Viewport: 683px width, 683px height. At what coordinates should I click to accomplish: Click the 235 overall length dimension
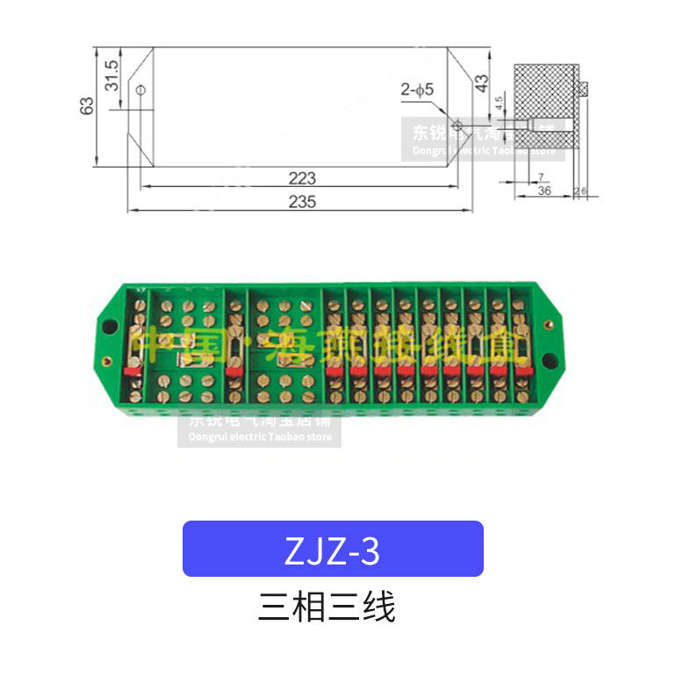(x=301, y=202)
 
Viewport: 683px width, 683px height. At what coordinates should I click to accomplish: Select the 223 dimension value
(x=301, y=177)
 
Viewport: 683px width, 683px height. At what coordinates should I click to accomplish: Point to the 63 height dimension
(x=86, y=105)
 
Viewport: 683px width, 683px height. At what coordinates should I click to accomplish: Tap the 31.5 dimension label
(x=111, y=77)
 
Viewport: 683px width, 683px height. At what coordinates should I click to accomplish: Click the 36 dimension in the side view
(x=544, y=191)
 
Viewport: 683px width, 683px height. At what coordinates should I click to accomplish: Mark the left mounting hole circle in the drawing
(x=140, y=89)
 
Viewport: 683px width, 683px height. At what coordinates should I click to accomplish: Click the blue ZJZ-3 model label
(x=333, y=549)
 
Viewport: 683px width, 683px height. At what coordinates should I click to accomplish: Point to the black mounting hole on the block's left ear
(x=109, y=327)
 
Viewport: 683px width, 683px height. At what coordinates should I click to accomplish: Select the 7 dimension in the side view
(x=541, y=178)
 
